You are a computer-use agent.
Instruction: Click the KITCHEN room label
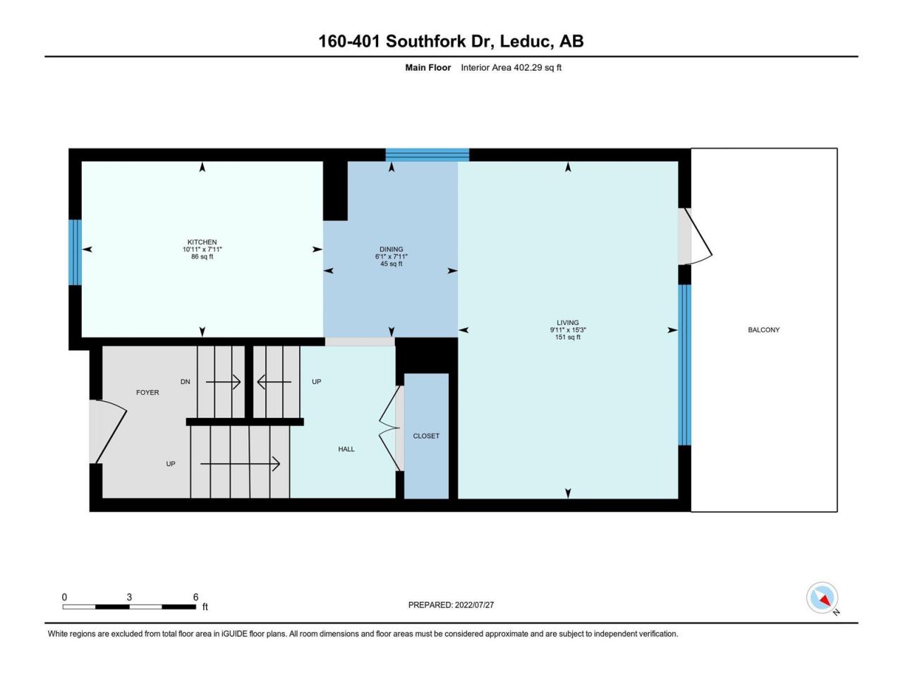(x=202, y=242)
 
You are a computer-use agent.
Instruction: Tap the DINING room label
(x=391, y=249)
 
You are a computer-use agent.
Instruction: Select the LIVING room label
(x=567, y=323)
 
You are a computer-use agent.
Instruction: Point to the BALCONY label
(x=763, y=330)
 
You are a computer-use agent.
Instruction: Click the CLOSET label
(x=426, y=436)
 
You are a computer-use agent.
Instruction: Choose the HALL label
(x=346, y=449)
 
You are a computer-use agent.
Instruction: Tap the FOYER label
(x=147, y=393)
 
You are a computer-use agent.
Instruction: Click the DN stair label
(x=185, y=382)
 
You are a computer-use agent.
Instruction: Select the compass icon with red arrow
(x=822, y=598)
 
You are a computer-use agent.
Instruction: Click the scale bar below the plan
(x=129, y=606)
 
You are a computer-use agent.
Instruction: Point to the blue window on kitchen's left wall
(x=75, y=252)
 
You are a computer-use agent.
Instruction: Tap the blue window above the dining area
(x=427, y=155)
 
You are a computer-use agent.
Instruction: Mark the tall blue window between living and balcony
(x=684, y=364)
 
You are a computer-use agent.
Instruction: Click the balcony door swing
(x=697, y=237)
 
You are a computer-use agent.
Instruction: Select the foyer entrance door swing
(x=109, y=431)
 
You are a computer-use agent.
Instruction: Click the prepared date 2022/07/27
(x=451, y=605)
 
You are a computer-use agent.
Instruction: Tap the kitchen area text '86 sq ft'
(x=202, y=257)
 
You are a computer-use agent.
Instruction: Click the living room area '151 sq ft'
(x=567, y=338)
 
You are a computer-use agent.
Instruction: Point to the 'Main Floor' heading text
(x=428, y=68)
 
